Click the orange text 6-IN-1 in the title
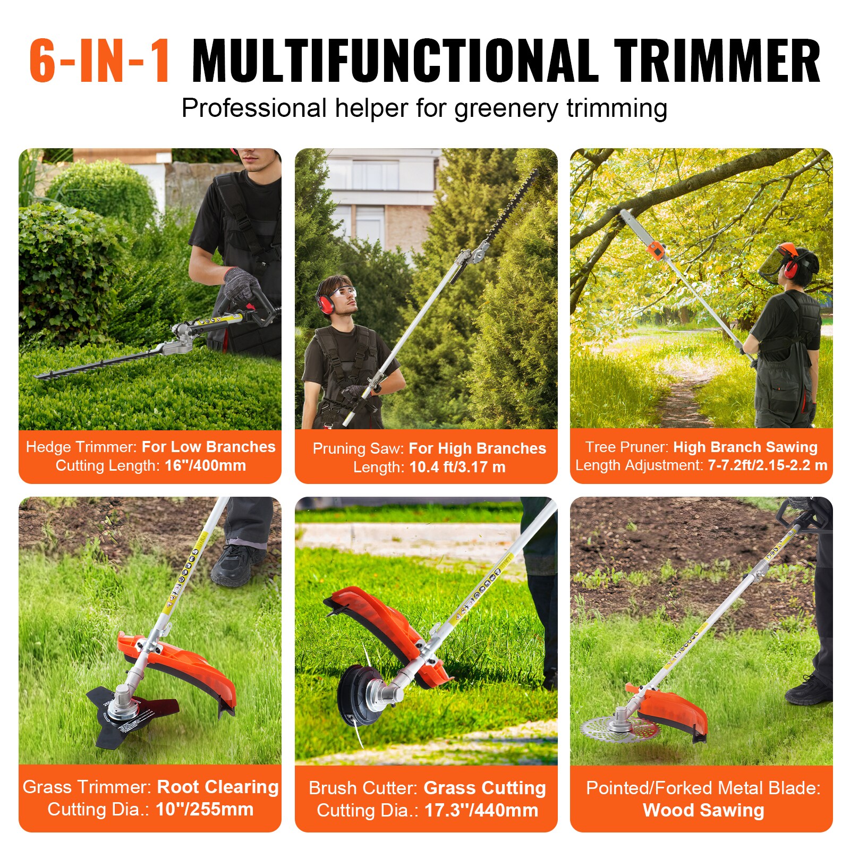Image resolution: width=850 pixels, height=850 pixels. (x=100, y=61)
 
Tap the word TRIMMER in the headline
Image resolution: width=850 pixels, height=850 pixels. (x=717, y=61)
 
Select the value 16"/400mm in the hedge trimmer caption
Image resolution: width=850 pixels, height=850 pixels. (x=205, y=465)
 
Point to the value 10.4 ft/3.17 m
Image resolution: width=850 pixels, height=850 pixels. (x=457, y=467)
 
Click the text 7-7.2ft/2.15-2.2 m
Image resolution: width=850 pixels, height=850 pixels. (x=767, y=465)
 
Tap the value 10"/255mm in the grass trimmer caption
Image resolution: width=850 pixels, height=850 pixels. (x=205, y=809)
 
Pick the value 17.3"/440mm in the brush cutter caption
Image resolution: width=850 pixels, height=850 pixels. (x=481, y=810)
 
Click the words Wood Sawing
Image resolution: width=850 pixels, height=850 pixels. (x=703, y=810)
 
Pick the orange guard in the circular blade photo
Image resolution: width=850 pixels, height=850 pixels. (x=675, y=709)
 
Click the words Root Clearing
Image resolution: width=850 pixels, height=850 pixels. (x=218, y=787)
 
